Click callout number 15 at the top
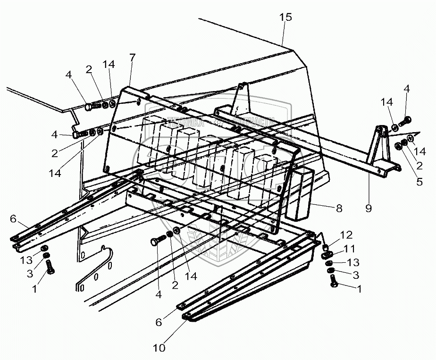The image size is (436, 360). click(285, 17)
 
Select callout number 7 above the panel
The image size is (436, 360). click(132, 58)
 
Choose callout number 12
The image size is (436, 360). click(346, 234)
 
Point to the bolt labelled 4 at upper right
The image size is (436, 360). click(406, 121)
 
